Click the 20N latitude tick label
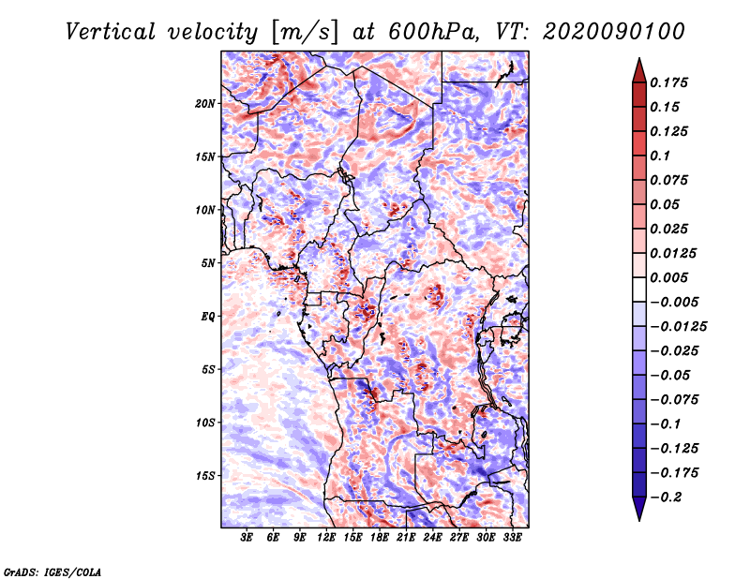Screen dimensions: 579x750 tap(205, 103)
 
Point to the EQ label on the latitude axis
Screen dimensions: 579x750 tap(208, 316)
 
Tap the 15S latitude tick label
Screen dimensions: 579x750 tap(205, 476)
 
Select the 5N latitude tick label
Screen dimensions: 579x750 tap(208, 263)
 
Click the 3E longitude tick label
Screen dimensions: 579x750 tap(247, 539)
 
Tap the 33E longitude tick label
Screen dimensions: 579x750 tap(512, 539)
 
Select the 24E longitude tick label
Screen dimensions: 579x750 tap(432, 539)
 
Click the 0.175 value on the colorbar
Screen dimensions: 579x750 tap(668, 82)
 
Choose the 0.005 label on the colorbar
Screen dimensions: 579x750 tap(668, 277)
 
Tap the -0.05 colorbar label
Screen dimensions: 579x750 tap(668, 375)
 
